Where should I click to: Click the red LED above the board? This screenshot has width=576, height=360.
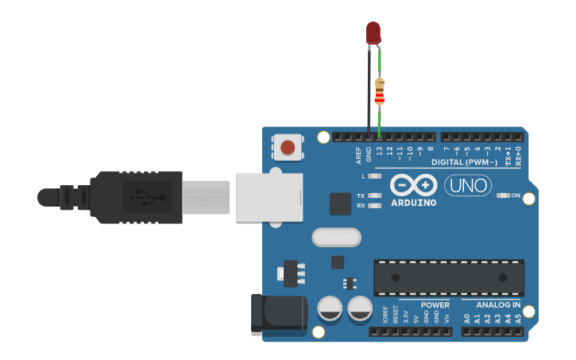[x=373, y=32]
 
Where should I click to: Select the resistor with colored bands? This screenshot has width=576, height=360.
[x=379, y=92]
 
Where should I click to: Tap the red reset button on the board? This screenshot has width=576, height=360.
[x=288, y=146]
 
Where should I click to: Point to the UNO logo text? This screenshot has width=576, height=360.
[x=468, y=186]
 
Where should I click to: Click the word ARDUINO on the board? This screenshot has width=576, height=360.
[x=414, y=203]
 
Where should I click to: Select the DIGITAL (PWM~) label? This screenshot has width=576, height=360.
[x=466, y=163]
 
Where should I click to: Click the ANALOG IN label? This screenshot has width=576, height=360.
[x=498, y=305]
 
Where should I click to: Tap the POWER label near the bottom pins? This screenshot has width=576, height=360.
[x=435, y=305]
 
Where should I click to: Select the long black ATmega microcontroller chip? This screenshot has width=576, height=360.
[x=448, y=277]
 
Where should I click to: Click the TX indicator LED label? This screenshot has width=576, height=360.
[x=361, y=195]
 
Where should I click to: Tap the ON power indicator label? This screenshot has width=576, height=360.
[x=516, y=195]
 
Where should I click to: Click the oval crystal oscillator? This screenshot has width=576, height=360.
[x=336, y=237]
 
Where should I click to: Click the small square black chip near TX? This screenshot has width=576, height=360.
[x=341, y=203]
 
